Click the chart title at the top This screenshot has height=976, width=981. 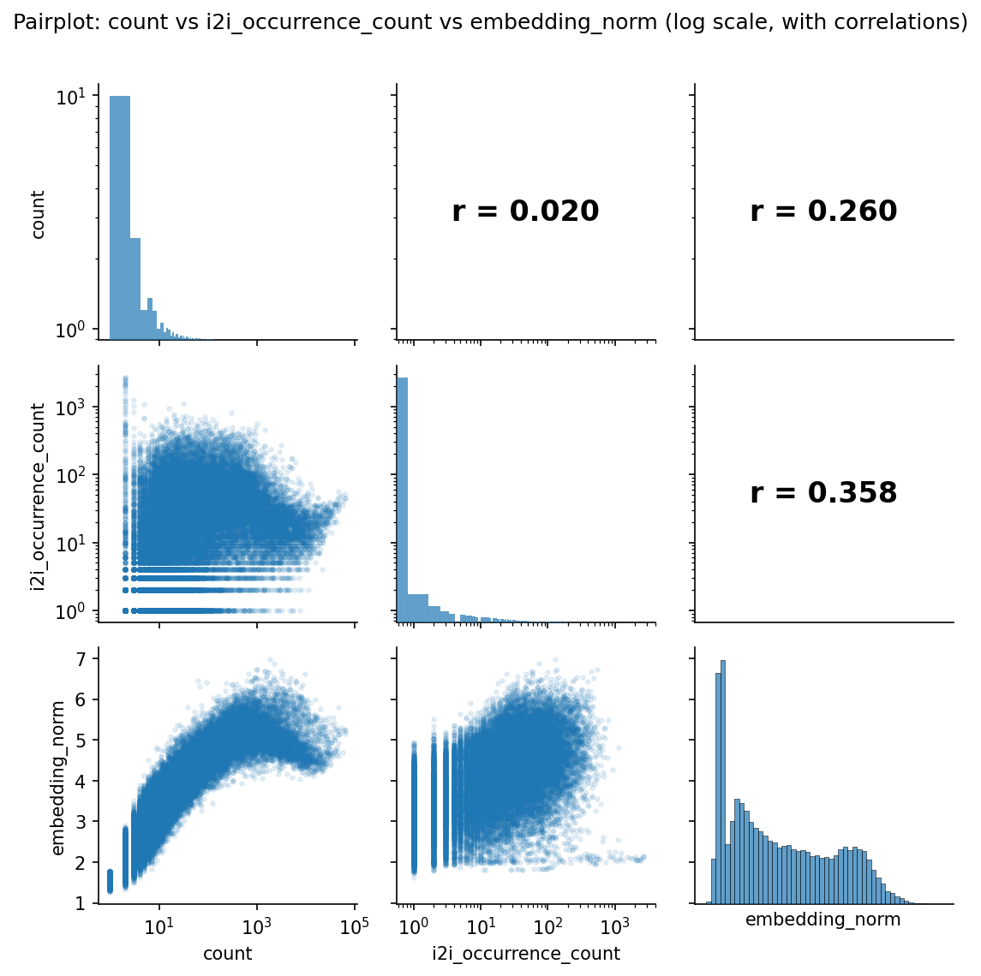click(490, 22)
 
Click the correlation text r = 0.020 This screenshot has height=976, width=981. click(525, 211)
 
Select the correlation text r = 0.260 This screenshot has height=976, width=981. click(823, 211)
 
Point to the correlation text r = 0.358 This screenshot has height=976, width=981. click(823, 493)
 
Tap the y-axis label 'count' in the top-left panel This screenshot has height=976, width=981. click(38, 215)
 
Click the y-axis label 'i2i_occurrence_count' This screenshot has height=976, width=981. click(38, 494)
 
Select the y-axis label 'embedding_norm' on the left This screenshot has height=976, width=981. click(58, 777)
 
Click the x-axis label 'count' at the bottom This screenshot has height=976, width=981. click(227, 954)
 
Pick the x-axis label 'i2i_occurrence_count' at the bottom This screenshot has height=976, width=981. click(525, 954)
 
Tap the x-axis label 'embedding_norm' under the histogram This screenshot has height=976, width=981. click(823, 920)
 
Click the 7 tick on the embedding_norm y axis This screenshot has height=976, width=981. click(79, 658)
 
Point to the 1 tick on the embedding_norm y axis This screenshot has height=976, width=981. click(79, 903)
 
